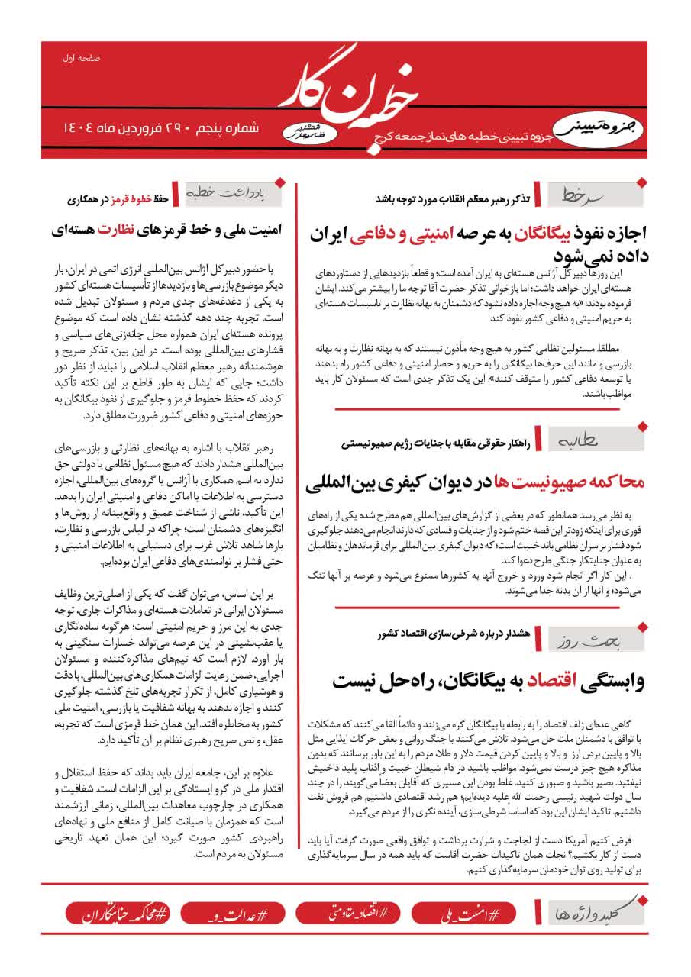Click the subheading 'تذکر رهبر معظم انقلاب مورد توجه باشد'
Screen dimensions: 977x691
(452, 198)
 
